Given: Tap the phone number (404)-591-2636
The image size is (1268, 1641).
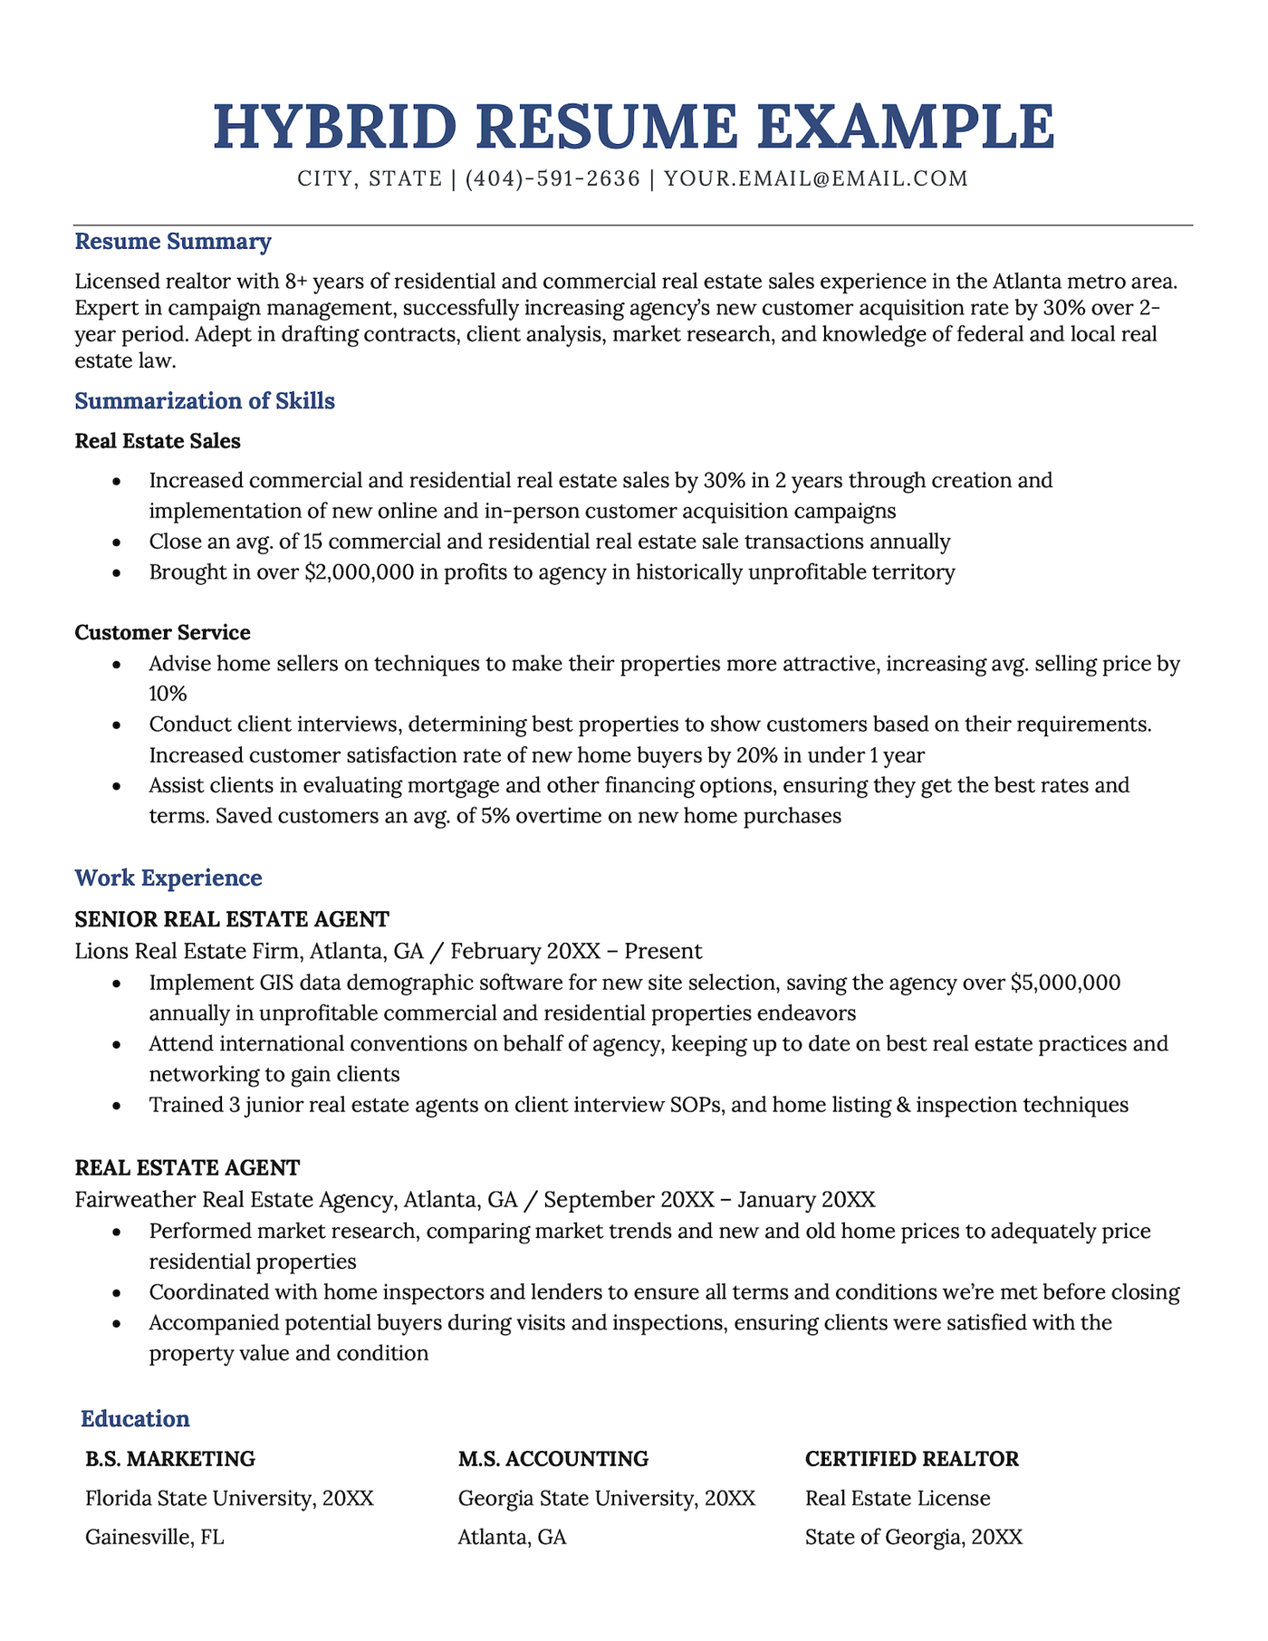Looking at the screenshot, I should (552, 178).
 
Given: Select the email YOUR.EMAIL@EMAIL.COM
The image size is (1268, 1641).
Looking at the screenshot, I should (815, 178).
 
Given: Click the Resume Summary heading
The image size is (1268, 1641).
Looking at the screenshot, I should (172, 242).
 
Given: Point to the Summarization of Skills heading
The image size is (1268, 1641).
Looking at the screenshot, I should (205, 400).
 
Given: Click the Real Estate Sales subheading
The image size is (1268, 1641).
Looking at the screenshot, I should (158, 441).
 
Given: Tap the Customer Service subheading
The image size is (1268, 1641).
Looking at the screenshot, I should (162, 632).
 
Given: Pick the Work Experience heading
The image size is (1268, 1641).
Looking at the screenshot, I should (168, 878).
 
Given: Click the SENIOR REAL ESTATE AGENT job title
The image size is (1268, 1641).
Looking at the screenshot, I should (232, 919).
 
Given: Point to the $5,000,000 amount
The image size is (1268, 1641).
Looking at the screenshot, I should (1065, 983).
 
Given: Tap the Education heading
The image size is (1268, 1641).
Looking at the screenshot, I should (135, 1418).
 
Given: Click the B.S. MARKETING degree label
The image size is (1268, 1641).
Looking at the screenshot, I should (170, 1459).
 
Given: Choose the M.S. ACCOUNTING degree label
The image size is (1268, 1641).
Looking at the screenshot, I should (552, 1459).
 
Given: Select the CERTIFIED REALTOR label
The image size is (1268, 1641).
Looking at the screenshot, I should (911, 1459).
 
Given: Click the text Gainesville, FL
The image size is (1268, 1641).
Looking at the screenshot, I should (154, 1537).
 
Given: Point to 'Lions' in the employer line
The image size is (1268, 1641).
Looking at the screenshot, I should (101, 951).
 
